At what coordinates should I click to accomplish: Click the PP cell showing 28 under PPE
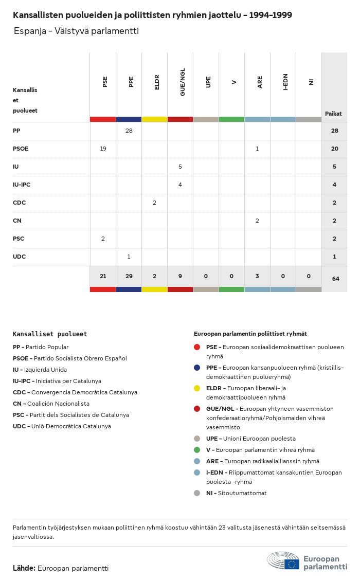(x=129, y=131)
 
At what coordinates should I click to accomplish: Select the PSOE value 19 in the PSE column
(x=103, y=149)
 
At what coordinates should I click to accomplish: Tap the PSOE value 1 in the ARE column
(x=257, y=149)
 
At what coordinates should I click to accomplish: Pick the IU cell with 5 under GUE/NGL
(x=180, y=167)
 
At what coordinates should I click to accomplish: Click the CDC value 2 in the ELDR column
(x=154, y=203)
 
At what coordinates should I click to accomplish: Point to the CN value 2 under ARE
(x=257, y=221)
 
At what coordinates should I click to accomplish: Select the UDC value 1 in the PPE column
(x=129, y=257)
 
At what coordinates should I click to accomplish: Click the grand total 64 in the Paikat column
(x=335, y=279)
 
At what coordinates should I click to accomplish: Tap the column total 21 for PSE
(x=103, y=276)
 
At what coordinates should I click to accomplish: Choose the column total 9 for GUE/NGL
(x=180, y=276)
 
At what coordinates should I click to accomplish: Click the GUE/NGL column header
(x=183, y=82)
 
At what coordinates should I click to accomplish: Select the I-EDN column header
(x=285, y=82)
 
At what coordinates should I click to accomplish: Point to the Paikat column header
(x=333, y=114)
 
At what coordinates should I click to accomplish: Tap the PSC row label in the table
(x=19, y=239)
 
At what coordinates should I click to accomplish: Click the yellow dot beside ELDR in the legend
(x=197, y=388)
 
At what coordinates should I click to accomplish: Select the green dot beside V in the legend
(x=197, y=450)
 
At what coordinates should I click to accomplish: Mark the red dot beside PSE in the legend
(x=197, y=347)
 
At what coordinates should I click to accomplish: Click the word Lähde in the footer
(x=24, y=568)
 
